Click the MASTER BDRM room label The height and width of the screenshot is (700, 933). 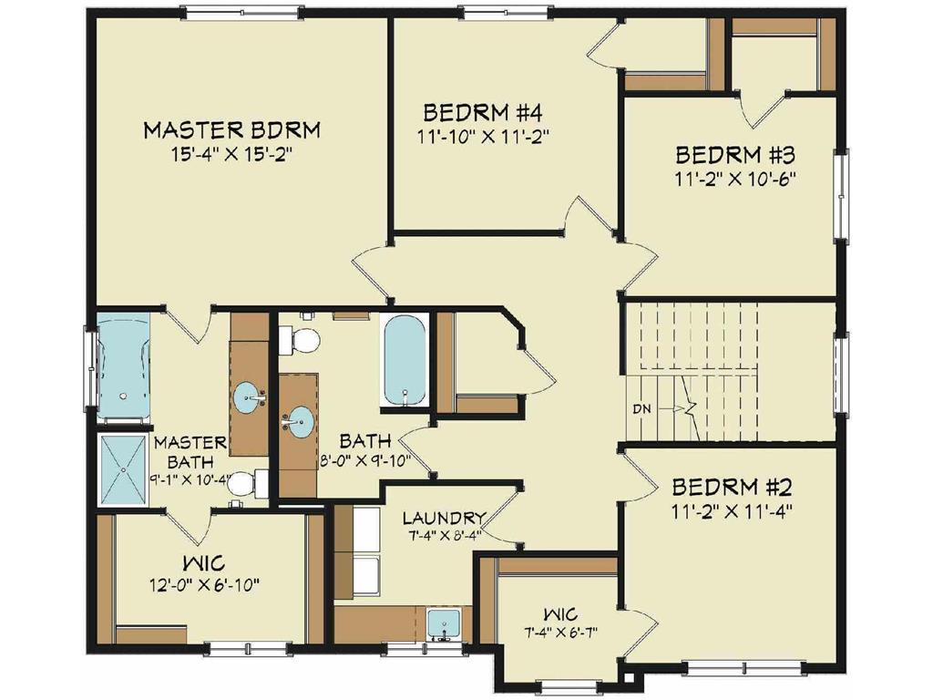(x=231, y=129)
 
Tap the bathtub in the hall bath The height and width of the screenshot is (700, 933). (x=405, y=360)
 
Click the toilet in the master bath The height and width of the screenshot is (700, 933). (x=244, y=483)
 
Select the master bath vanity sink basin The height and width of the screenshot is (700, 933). (x=251, y=397)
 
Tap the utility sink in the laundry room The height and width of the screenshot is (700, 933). (x=445, y=626)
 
